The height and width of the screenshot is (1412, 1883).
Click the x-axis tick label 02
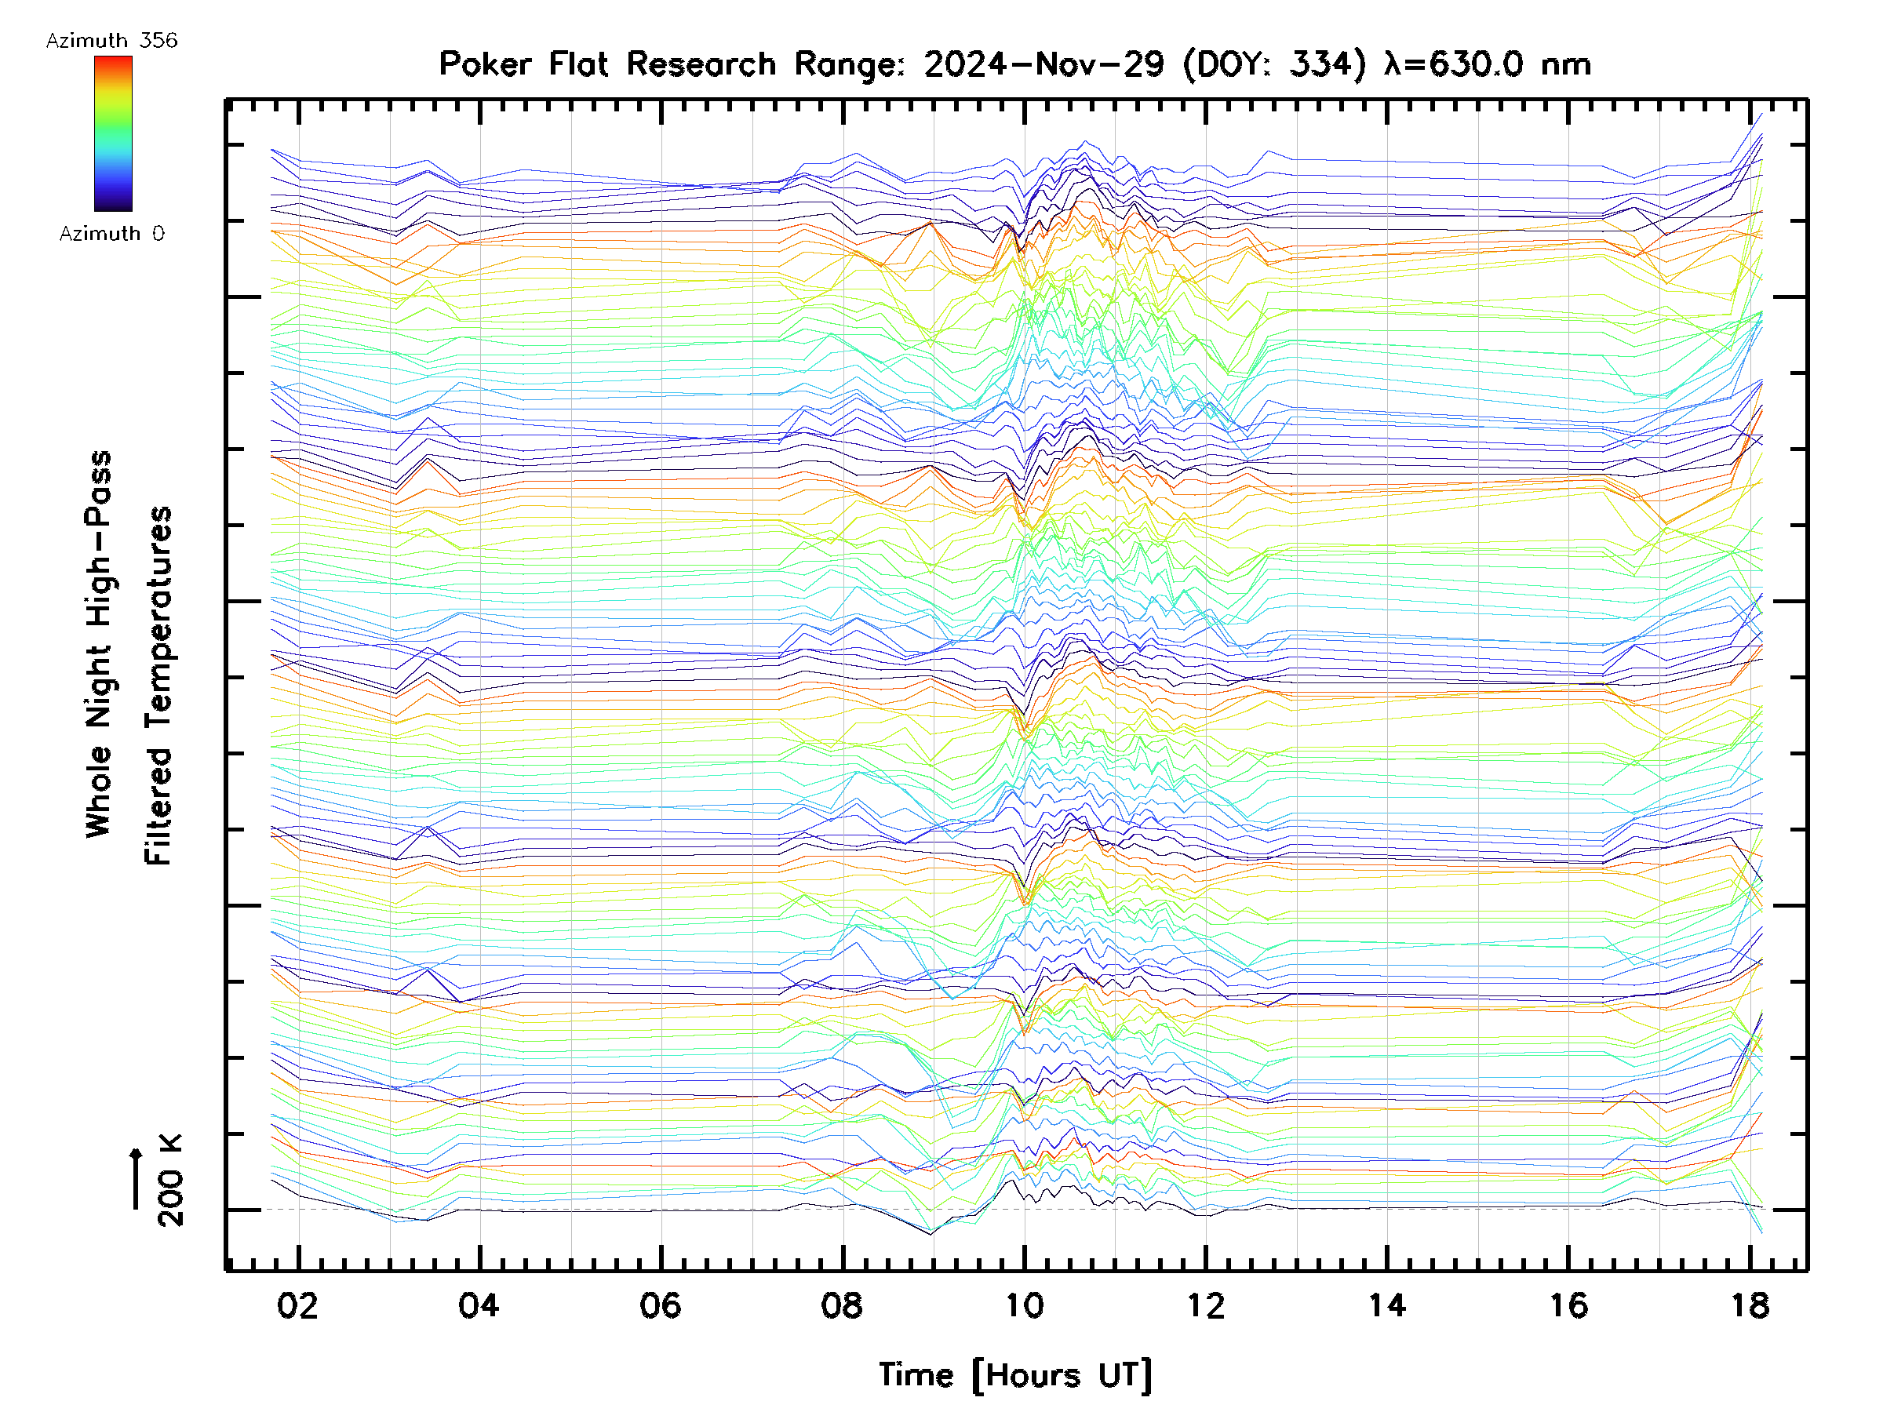point(297,1305)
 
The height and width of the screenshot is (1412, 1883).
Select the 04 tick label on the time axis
point(479,1305)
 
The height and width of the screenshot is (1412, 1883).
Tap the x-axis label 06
point(661,1305)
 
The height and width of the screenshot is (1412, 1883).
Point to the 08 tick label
point(842,1305)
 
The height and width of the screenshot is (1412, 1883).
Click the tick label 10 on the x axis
point(1024,1305)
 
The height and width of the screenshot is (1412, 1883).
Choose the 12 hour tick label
point(1205,1305)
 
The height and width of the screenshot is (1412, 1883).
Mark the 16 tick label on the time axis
point(1568,1305)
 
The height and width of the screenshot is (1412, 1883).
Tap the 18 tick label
point(1750,1305)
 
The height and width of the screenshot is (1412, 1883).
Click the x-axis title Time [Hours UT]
point(1014,1374)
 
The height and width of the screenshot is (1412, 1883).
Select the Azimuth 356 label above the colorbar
point(111,41)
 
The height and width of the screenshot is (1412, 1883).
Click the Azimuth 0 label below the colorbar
point(111,233)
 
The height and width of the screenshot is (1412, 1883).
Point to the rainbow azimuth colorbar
point(113,133)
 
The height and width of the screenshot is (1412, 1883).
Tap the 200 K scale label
point(170,1181)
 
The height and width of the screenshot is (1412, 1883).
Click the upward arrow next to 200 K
point(137,1178)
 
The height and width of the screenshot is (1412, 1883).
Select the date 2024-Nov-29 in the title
point(1043,64)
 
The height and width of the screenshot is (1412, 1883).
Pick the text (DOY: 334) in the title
point(1274,64)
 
